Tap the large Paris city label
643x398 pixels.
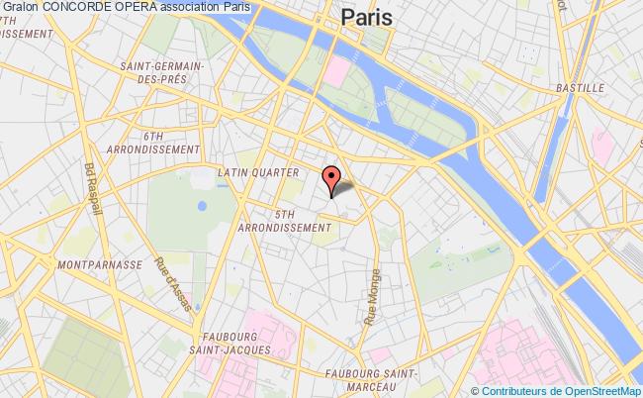tap(365, 17)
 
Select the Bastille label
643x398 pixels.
tap(582, 87)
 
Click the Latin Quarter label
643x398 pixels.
tap(257, 172)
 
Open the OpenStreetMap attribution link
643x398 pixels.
tap(600, 391)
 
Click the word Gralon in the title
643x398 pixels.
tap(20, 8)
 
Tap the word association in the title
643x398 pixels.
tap(195, 8)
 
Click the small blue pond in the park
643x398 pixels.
tap(202, 207)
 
